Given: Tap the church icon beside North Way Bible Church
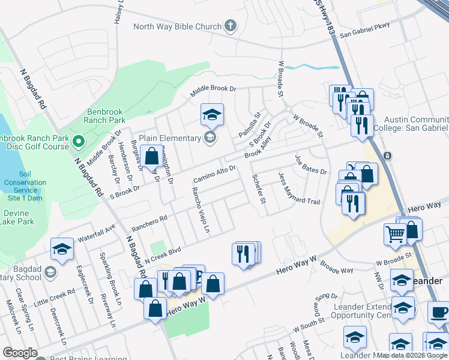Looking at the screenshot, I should [230, 26].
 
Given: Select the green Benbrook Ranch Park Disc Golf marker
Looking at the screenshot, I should [78, 142].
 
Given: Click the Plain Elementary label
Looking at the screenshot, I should [170, 138].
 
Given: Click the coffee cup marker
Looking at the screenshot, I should [439, 314].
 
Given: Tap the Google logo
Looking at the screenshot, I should [20, 353].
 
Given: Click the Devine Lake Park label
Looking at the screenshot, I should [18, 217].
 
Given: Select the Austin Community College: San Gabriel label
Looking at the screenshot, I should [411, 124].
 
